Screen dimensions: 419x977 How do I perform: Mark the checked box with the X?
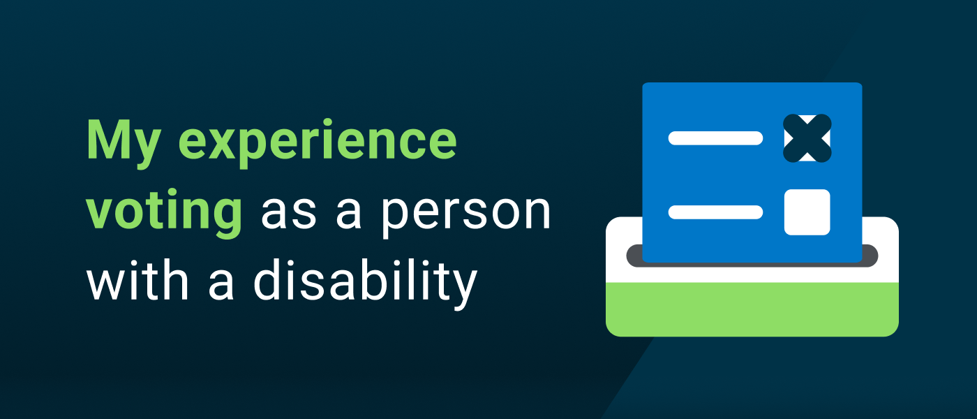pos(807,138)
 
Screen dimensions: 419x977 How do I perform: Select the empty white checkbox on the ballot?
pos(807,212)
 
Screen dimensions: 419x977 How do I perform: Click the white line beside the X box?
pos(715,138)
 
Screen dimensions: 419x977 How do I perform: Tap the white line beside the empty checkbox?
pos(715,212)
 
